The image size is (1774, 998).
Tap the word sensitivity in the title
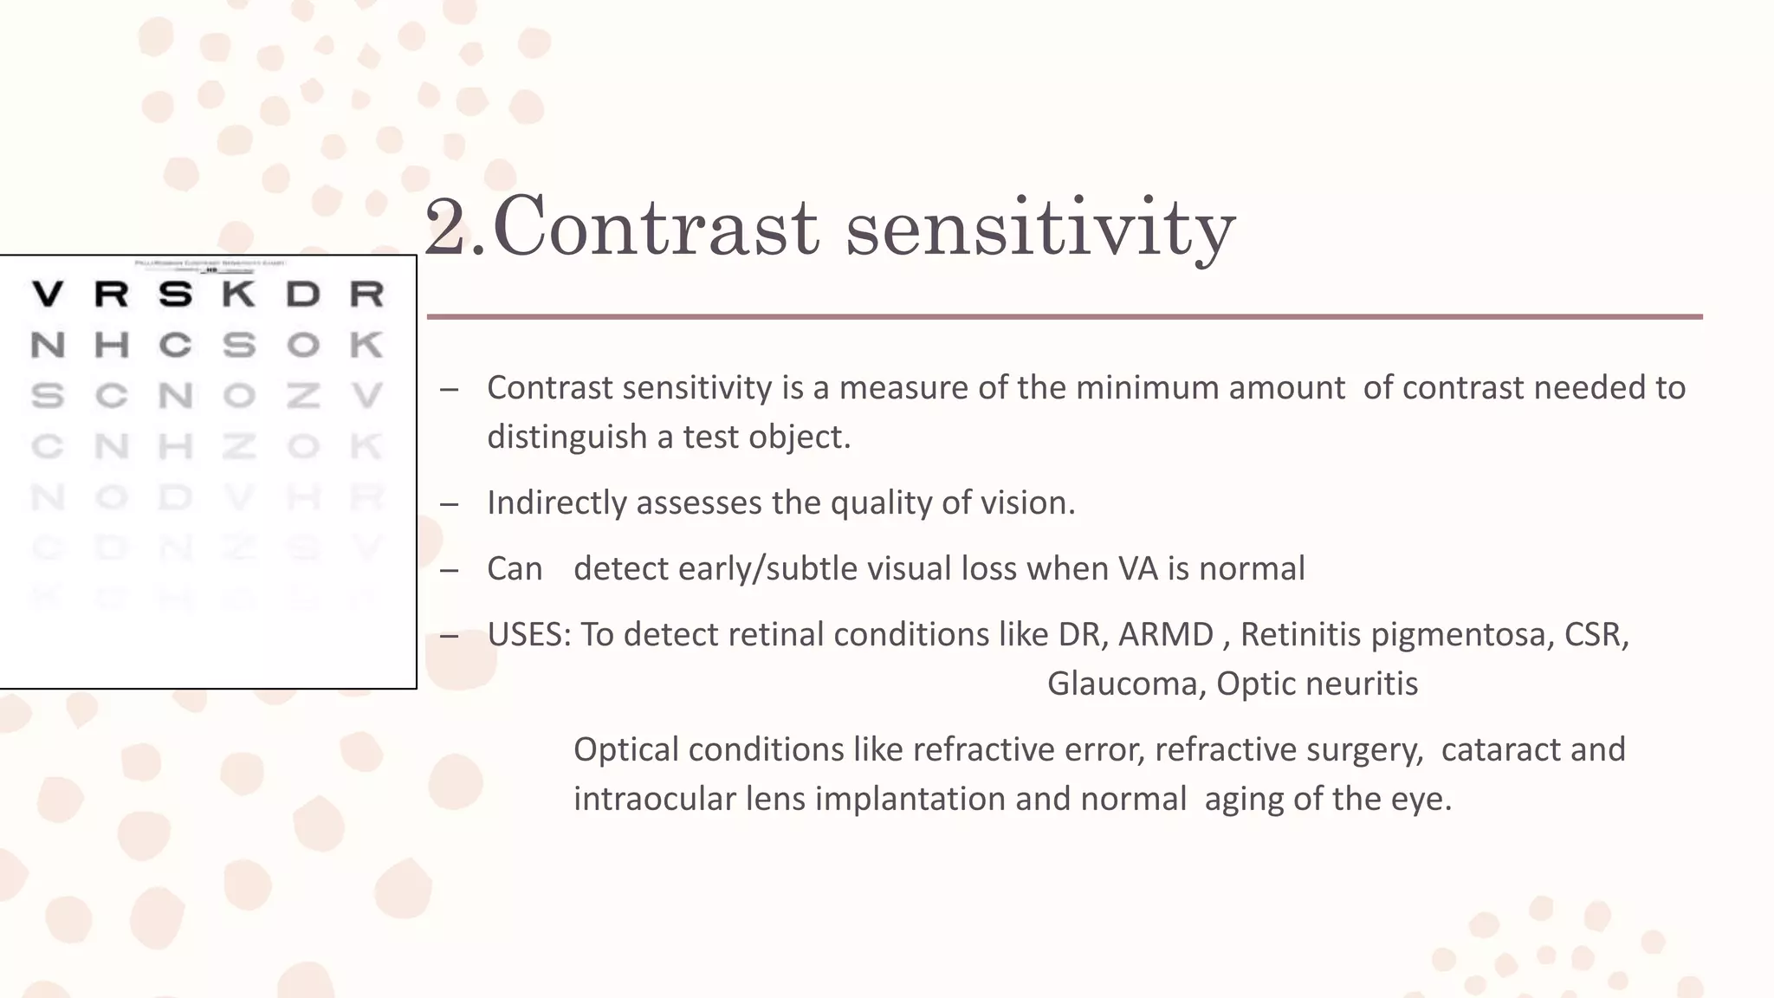click(1039, 227)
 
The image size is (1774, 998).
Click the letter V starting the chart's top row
click(48, 295)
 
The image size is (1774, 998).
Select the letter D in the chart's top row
click(303, 295)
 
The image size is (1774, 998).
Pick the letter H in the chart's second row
click(112, 346)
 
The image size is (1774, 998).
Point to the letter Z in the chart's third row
click(303, 396)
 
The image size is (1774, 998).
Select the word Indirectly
click(556, 502)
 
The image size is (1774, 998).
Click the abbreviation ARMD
click(1166, 634)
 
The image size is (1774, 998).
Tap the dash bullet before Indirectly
click(449, 504)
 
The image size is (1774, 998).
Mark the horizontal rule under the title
click(1064, 317)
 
